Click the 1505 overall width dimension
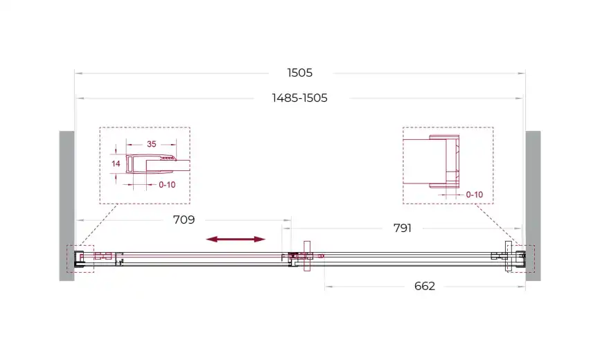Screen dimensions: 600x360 300,73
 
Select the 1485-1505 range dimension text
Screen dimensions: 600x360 299,98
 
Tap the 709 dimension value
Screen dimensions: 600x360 184,219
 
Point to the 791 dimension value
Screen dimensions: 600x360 402,228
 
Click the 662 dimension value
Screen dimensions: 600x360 424,286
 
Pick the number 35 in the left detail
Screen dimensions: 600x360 152,144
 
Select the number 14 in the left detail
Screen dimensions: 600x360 116,163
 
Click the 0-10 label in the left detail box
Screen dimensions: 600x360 167,185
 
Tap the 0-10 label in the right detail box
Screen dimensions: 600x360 475,195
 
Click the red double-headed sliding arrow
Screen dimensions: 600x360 236,240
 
